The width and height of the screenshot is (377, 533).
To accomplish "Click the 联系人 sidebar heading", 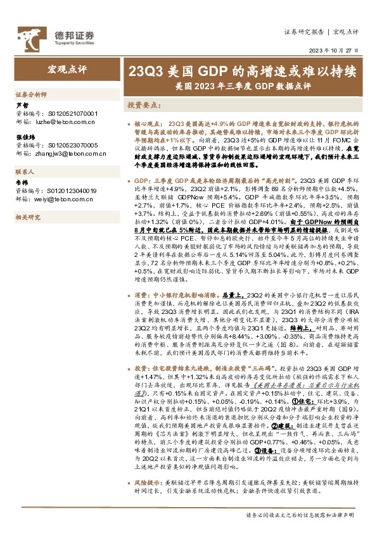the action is click(25, 172).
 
